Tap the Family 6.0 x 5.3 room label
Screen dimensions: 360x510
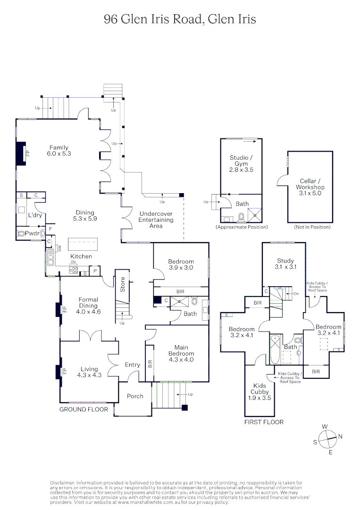[59, 151]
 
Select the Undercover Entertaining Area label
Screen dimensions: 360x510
[156, 220]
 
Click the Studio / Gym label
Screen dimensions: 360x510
[241, 163]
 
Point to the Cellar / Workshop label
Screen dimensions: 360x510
[310, 187]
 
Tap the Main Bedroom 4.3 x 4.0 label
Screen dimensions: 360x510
[181, 354]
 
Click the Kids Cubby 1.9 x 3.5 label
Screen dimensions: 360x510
[260, 391]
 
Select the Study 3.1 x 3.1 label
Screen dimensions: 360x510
[285, 264]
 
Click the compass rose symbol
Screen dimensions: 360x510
[327, 439]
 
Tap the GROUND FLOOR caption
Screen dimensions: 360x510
[84, 409]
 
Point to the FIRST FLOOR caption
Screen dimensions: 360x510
[264, 422]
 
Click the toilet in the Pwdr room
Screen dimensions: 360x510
[21, 234]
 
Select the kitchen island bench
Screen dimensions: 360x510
[83, 242]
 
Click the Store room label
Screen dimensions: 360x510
[123, 284]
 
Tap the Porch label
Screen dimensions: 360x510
[135, 396]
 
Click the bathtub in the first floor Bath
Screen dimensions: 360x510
[275, 349]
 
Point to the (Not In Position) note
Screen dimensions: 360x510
[312, 227]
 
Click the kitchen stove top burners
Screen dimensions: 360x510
[74, 270]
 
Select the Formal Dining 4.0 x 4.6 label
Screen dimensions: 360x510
[88, 306]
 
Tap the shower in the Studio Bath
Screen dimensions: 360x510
[254, 215]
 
